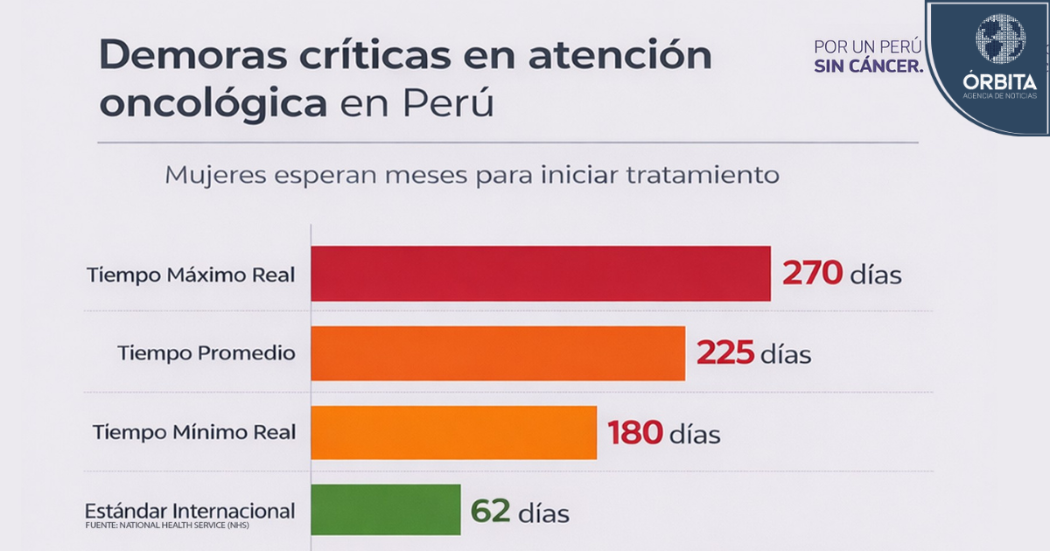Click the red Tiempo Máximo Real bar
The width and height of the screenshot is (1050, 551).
click(541, 274)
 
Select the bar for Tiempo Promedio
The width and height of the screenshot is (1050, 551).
click(498, 353)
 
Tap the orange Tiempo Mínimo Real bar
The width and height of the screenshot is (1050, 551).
click(453, 432)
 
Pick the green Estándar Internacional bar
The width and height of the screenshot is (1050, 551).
click(386, 510)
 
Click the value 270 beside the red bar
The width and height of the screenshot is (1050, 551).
click(813, 274)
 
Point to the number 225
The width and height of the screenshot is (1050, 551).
click(725, 353)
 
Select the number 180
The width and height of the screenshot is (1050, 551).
click(635, 432)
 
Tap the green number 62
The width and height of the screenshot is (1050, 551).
click(491, 511)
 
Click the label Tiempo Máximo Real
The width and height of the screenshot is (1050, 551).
click(191, 274)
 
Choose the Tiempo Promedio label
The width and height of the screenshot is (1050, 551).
click(206, 353)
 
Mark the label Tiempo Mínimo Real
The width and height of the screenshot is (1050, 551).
click(194, 432)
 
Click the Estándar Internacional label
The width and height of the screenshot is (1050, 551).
click(190, 511)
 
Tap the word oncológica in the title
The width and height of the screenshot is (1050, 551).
click(213, 104)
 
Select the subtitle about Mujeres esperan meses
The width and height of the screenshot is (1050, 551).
click(472, 174)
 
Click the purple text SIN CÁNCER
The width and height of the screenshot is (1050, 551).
click(868, 66)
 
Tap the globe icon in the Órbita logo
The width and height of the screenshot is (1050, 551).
click(1000, 38)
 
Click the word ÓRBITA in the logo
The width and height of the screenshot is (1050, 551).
click(999, 81)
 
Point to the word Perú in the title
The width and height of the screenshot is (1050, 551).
click(449, 104)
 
